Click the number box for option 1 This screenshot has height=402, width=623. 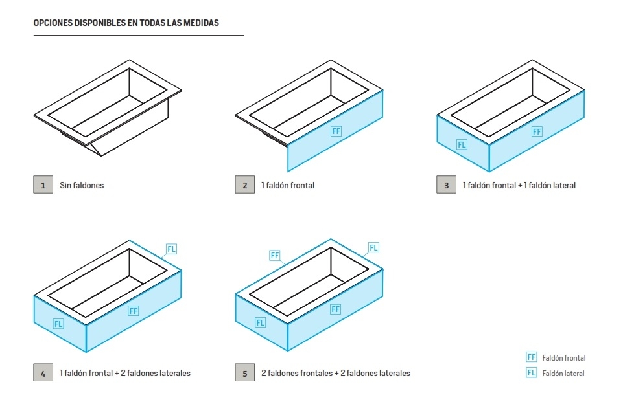[x=43, y=185]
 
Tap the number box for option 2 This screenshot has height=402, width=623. [x=244, y=185]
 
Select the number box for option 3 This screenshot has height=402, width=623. [x=446, y=185]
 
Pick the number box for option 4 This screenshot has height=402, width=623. [x=43, y=373]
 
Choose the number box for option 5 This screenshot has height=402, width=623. [x=244, y=373]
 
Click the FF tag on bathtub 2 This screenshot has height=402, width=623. [x=336, y=131]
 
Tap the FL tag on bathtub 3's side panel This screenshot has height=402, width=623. [x=462, y=144]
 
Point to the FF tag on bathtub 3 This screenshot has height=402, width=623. [x=537, y=131]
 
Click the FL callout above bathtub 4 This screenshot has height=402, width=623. [x=171, y=249]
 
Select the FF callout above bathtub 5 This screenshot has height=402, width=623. [x=275, y=255]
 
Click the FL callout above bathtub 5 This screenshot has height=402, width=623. [x=373, y=247]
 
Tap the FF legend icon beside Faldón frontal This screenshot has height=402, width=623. [x=531, y=357]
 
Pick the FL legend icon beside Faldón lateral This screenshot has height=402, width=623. [x=531, y=373]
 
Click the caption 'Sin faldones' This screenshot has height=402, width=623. [x=82, y=186]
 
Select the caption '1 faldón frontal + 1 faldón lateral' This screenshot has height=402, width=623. [x=519, y=186]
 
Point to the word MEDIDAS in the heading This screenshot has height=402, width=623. [x=201, y=23]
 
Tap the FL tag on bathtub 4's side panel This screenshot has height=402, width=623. [x=58, y=324]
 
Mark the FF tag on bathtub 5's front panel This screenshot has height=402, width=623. [x=335, y=309]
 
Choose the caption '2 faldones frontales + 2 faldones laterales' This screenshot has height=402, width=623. [x=335, y=374]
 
